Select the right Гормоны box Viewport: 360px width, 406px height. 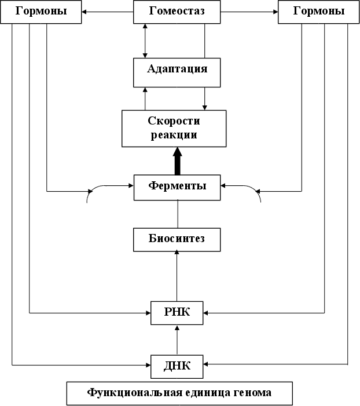(x=319, y=12)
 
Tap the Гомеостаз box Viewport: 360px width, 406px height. (x=177, y=12)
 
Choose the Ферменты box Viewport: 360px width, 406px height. (x=177, y=187)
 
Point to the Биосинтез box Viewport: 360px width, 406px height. (x=177, y=239)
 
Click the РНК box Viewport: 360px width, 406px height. (x=177, y=313)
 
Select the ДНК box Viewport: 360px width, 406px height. (x=177, y=365)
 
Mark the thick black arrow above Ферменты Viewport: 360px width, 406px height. (x=177, y=160)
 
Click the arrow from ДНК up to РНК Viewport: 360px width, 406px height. (x=177, y=339)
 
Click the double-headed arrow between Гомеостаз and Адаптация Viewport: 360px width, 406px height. (x=145, y=41)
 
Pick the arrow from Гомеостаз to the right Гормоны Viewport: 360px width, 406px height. (x=249, y=12)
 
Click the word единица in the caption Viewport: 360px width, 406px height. (x=198, y=393)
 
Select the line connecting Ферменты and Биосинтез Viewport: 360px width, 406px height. (x=177, y=214)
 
